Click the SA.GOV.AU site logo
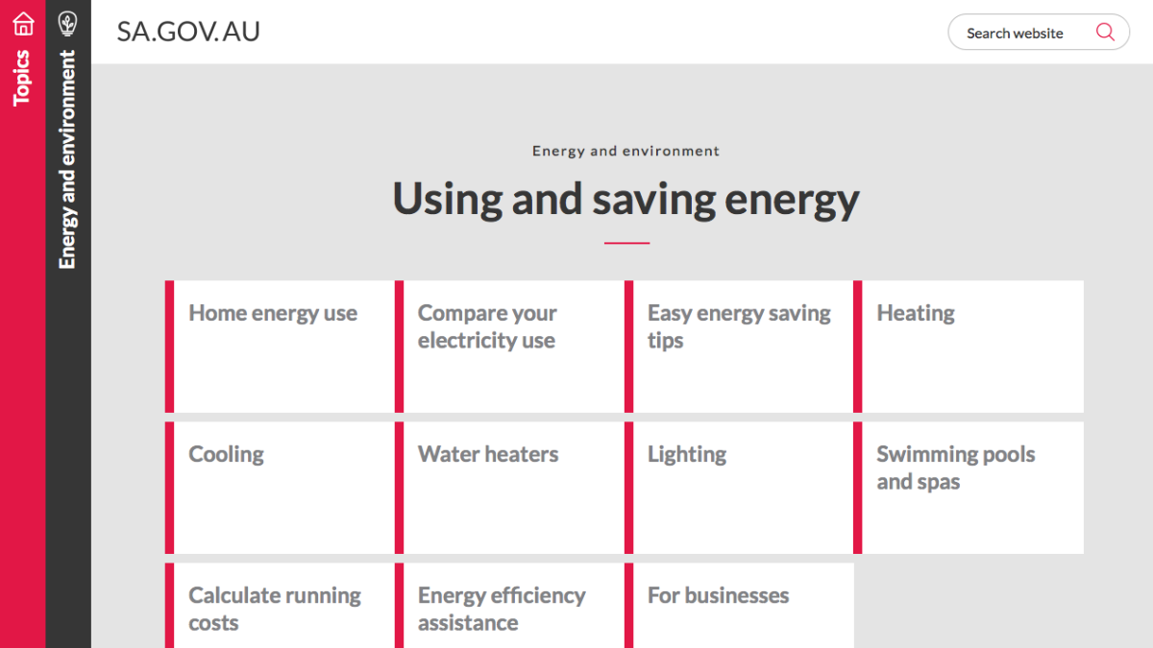coord(188,32)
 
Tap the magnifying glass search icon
coord(1105,32)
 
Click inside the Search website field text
coord(1015,33)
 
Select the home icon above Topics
coord(23,23)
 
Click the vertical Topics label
coord(23,77)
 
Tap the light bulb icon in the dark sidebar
coord(68,23)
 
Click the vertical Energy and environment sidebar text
coord(68,159)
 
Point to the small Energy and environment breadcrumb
coord(626,151)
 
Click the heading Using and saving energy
coord(626,199)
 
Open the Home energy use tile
coord(273,313)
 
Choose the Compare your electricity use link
coord(487,326)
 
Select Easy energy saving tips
coord(738,326)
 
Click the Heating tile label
coord(916,313)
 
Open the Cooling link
coord(226,454)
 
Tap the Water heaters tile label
coord(488,454)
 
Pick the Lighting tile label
coord(687,454)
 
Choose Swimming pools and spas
coord(955,468)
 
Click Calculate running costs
coord(275,609)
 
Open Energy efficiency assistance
coord(502,609)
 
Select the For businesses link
coord(718,595)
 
